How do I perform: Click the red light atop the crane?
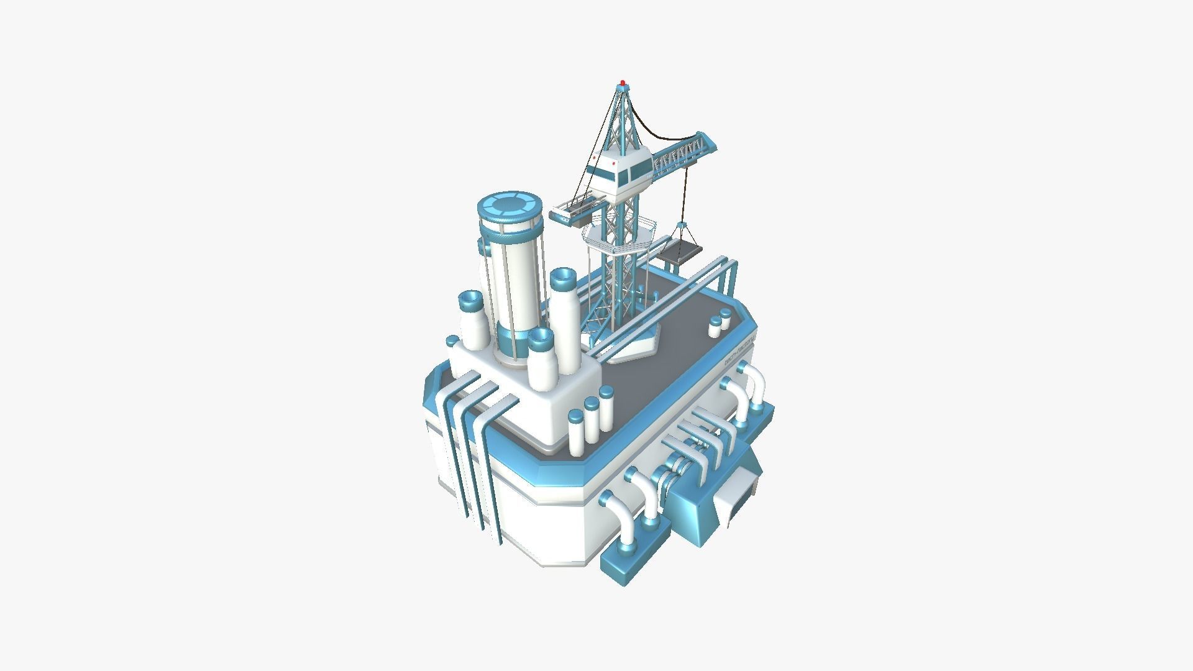[x=623, y=82]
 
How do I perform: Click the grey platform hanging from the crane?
[x=680, y=252]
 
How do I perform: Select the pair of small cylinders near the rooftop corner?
[x=720, y=324]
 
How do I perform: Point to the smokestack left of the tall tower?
[x=471, y=323]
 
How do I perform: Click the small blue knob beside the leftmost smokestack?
[x=452, y=340]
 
